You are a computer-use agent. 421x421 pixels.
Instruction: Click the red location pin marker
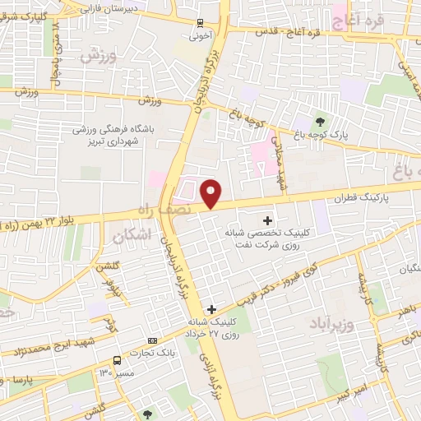coord(211,194)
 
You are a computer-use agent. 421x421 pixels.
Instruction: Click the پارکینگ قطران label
coord(360,199)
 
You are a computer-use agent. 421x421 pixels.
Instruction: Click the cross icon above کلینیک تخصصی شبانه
coord(267,220)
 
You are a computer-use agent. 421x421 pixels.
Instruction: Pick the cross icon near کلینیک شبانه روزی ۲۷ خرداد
coord(211,309)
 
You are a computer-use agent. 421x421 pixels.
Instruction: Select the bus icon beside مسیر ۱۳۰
coord(117,360)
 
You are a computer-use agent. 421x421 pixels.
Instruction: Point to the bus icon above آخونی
coord(201,23)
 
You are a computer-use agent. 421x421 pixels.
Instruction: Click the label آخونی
coord(201,37)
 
